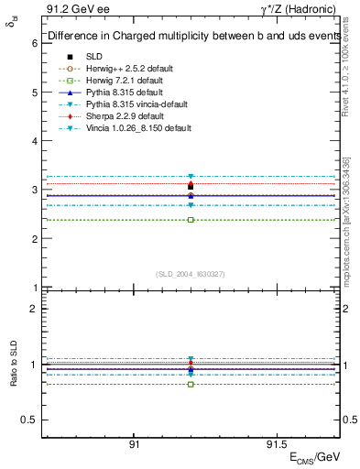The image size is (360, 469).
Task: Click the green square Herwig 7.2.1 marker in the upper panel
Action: point(191,220)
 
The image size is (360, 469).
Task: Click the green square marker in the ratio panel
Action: point(191,384)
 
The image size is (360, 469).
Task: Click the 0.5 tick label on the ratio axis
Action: point(27,420)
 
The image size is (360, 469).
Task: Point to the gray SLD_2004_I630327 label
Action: point(191,274)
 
